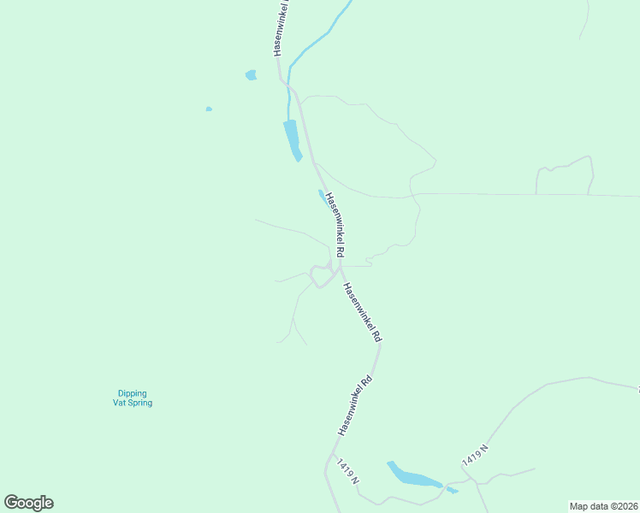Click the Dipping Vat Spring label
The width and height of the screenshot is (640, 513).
point(133,398)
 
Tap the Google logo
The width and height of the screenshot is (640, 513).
point(28,503)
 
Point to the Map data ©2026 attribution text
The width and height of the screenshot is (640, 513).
point(603,505)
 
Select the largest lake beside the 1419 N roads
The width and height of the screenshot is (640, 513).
point(413,477)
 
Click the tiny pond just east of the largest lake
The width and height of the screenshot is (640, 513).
point(452,490)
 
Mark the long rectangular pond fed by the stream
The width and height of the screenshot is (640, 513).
point(292,139)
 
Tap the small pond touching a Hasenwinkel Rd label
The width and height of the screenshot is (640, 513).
point(323,197)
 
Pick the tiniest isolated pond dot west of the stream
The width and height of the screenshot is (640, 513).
point(209,109)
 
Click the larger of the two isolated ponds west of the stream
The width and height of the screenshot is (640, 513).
point(251,75)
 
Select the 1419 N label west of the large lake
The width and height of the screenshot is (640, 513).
point(347,473)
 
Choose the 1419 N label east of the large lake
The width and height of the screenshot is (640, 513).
point(475,455)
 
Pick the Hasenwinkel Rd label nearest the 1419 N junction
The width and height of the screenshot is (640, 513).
point(356,405)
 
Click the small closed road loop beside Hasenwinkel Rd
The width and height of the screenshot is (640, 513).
point(321,276)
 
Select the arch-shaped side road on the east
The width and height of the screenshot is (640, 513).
point(566,171)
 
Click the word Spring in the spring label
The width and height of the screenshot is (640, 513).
point(140,403)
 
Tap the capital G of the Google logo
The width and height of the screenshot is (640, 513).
point(12,503)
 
